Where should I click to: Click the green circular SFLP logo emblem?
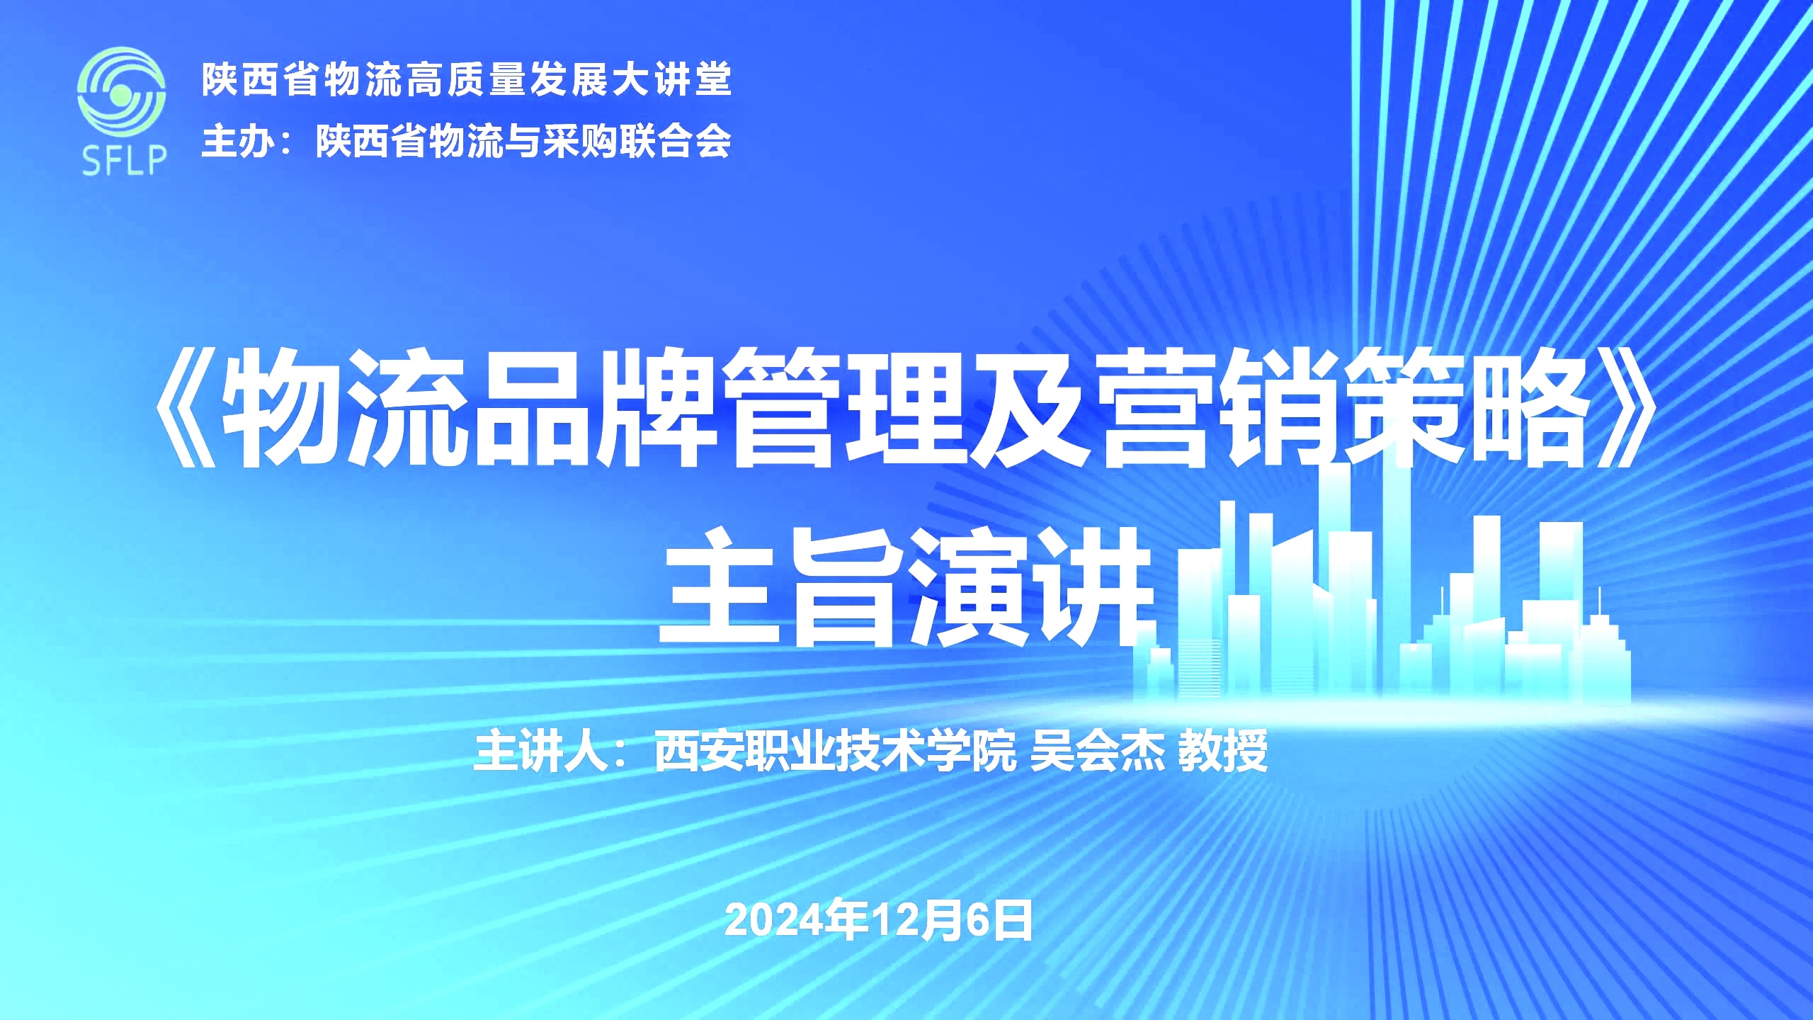pyautogui.click(x=121, y=92)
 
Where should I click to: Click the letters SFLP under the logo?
pyautogui.click(x=124, y=160)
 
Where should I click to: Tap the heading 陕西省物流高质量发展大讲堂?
pyautogui.click(x=467, y=79)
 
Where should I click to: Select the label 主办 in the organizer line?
pyautogui.click(x=237, y=141)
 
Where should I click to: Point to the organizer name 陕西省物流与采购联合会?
pyautogui.click(x=523, y=141)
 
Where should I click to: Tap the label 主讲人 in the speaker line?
pyautogui.click(x=542, y=750)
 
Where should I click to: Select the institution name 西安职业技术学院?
pyautogui.click(x=836, y=750)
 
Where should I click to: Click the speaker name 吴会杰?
pyautogui.click(x=1097, y=750)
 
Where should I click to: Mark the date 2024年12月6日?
pyautogui.click(x=879, y=921)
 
